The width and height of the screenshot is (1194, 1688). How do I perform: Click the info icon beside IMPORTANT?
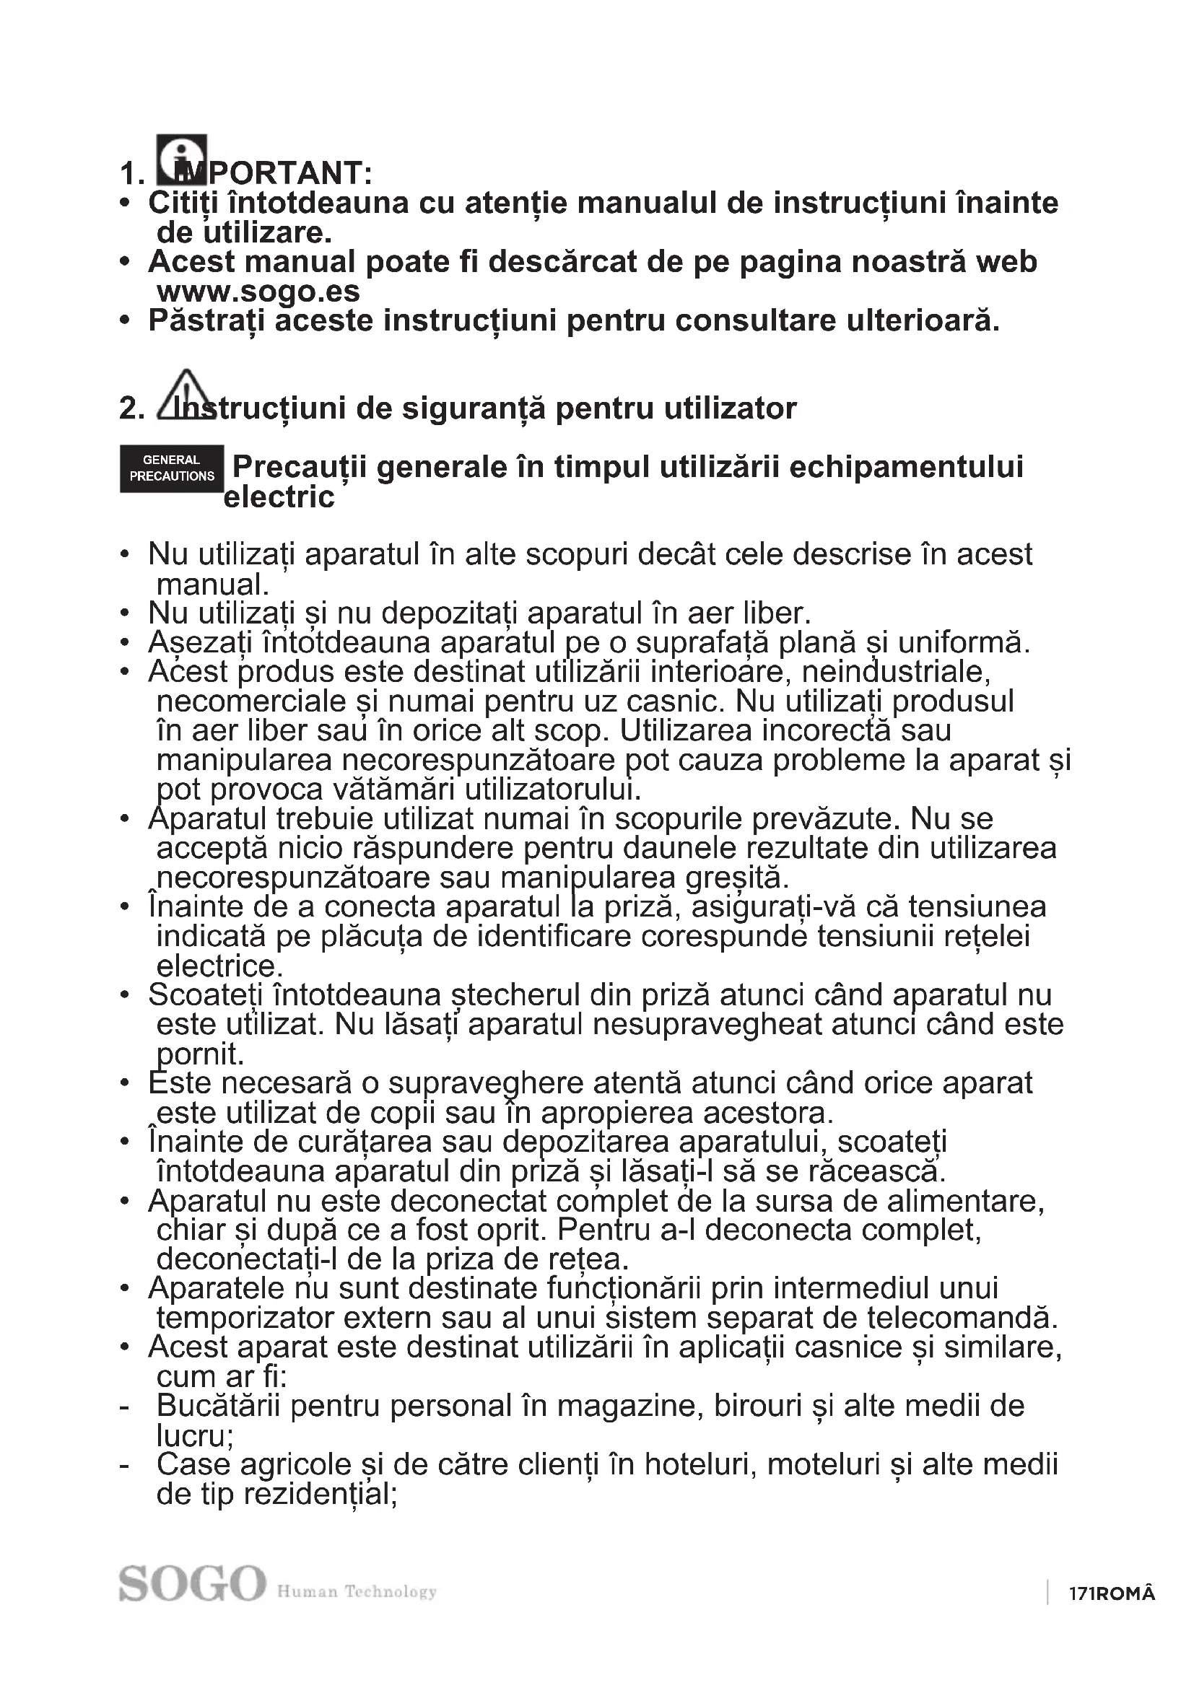pos(181,159)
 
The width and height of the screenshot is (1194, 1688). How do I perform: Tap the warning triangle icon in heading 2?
pos(186,395)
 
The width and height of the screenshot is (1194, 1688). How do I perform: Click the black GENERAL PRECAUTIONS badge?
pos(171,468)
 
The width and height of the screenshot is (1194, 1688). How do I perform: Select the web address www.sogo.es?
pos(258,292)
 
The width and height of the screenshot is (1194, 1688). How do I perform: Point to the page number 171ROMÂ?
pos(1112,1593)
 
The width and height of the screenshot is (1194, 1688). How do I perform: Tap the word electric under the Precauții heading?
pos(279,498)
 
